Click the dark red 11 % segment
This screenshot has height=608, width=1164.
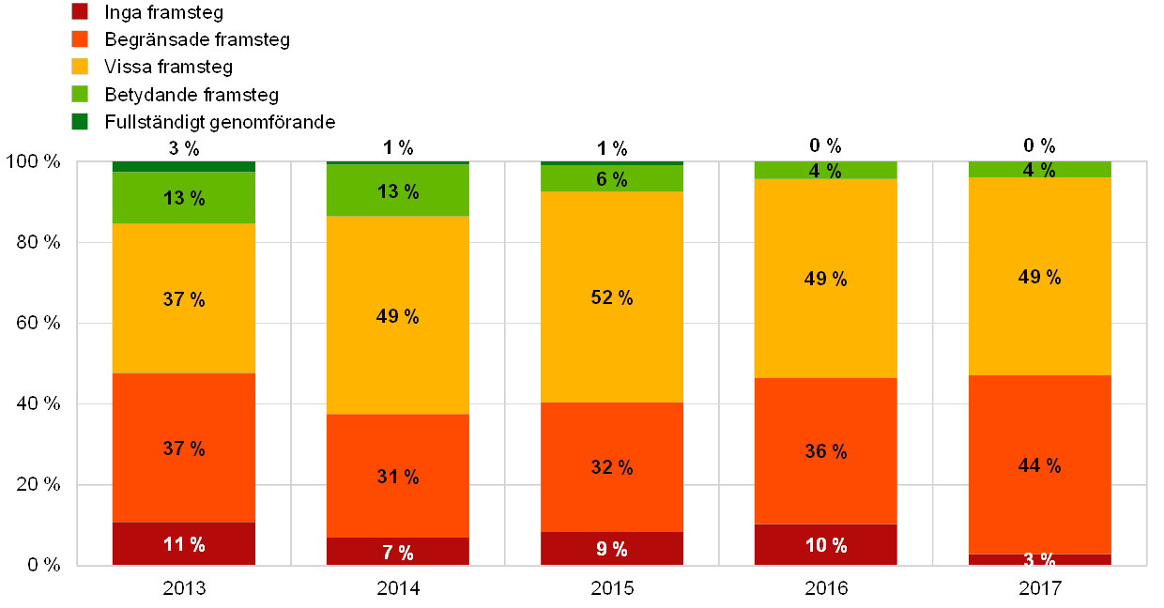[x=184, y=543]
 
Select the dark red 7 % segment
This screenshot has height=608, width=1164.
[x=398, y=552]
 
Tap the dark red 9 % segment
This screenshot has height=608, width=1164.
[x=612, y=548]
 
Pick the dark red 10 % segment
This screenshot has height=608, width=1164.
[x=826, y=544]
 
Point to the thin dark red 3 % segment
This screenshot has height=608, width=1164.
[x=1040, y=559]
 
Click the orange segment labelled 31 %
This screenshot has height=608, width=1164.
[x=398, y=476]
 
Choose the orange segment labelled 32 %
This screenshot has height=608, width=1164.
[x=612, y=466]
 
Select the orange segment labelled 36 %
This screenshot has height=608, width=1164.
[x=826, y=450]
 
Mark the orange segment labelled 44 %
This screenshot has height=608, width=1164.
[x=1040, y=464]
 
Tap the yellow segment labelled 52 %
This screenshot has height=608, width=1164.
[x=612, y=296]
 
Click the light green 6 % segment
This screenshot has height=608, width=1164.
[x=612, y=178]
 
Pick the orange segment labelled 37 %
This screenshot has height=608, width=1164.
[x=184, y=448]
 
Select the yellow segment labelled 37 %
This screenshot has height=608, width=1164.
[x=184, y=298]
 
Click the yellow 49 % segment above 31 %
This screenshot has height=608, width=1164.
[x=398, y=315]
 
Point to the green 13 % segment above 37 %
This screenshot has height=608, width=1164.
[x=184, y=198]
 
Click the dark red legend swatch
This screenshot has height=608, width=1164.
[x=80, y=12]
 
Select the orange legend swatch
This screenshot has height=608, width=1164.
[x=80, y=39]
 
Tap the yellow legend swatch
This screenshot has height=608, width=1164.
[x=80, y=67]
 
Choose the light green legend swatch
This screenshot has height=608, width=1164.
[x=80, y=94]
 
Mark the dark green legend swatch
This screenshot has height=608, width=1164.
[x=80, y=121]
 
